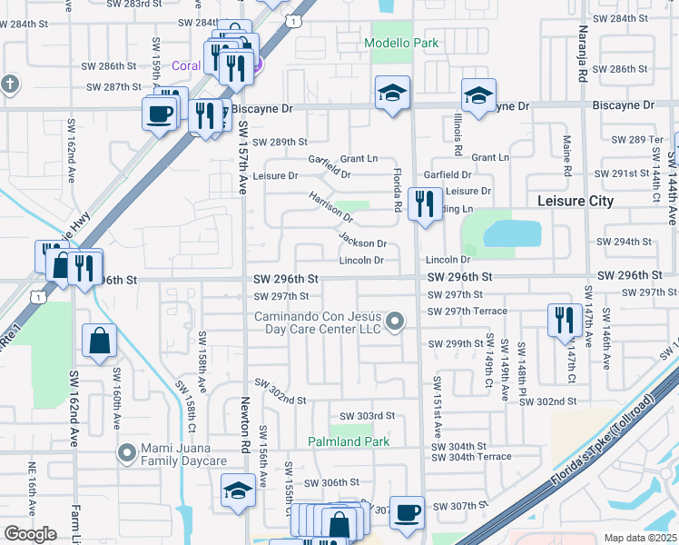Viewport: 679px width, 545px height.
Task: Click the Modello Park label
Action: (x=401, y=43)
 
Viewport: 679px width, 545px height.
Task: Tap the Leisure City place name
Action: (x=576, y=201)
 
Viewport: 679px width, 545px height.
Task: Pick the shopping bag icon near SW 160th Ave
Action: (x=99, y=341)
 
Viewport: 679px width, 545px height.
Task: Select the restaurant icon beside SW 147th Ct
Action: (x=565, y=320)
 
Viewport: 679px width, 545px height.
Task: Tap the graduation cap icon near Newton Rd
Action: (x=239, y=491)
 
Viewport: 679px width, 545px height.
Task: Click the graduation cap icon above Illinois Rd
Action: (x=478, y=94)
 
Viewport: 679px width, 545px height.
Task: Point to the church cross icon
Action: (x=10, y=85)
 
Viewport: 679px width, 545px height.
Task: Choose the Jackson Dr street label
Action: (x=363, y=242)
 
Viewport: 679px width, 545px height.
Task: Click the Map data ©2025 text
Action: (x=640, y=538)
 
